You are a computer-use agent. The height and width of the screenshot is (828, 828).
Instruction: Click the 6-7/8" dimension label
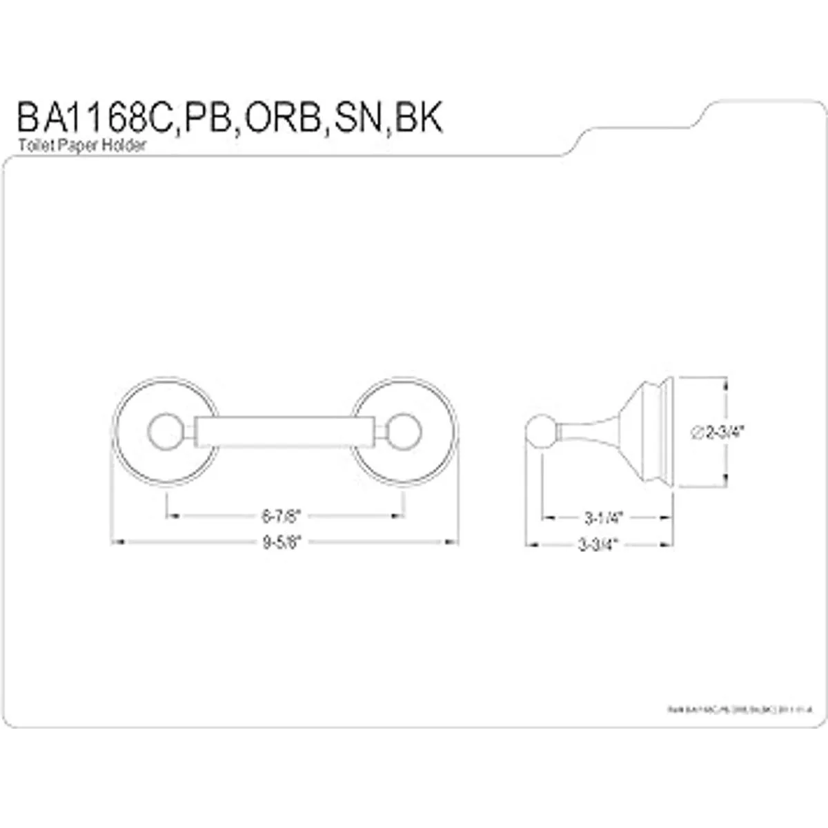point(282,515)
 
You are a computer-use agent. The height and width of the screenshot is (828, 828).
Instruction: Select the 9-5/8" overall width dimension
point(282,542)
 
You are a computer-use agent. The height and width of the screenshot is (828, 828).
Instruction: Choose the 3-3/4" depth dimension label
point(598,544)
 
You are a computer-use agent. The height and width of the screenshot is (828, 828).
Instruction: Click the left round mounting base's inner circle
point(164,432)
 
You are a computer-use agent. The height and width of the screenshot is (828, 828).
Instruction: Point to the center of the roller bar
point(283,432)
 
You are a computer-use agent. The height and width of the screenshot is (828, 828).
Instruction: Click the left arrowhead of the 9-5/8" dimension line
point(117,542)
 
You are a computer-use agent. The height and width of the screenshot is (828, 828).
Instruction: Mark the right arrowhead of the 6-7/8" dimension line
point(400,515)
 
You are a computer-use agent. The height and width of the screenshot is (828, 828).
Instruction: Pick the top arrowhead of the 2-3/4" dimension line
point(724,381)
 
